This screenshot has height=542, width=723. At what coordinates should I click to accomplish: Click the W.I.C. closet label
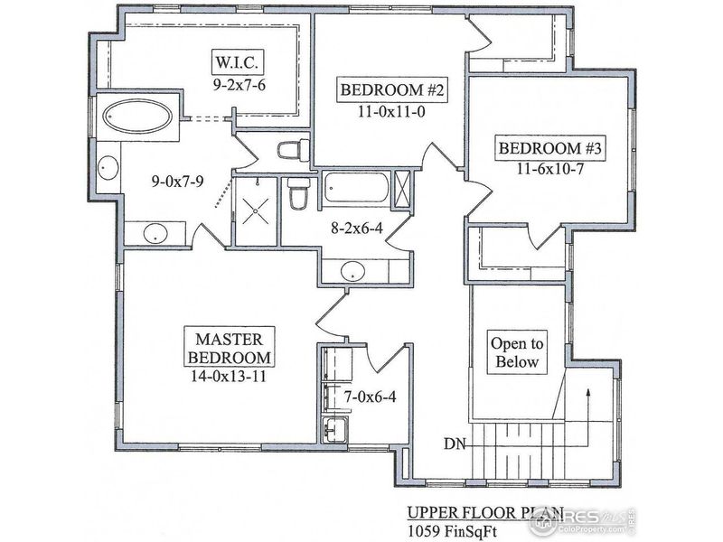click(x=239, y=64)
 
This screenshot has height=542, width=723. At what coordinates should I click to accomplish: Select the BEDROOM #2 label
click(x=381, y=90)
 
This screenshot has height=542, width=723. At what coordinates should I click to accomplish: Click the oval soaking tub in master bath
click(x=139, y=117)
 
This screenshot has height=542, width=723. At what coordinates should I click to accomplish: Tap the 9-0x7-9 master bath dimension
click(x=177, y=181)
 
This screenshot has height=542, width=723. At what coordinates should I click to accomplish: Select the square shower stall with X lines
click(x=257, y=210)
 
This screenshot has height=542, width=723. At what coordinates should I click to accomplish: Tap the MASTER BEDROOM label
click(x=229, y=349)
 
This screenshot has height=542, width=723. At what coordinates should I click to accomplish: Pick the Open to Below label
click(x=517, y=353)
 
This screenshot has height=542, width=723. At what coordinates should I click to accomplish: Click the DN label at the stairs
click(x=455, y=443)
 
